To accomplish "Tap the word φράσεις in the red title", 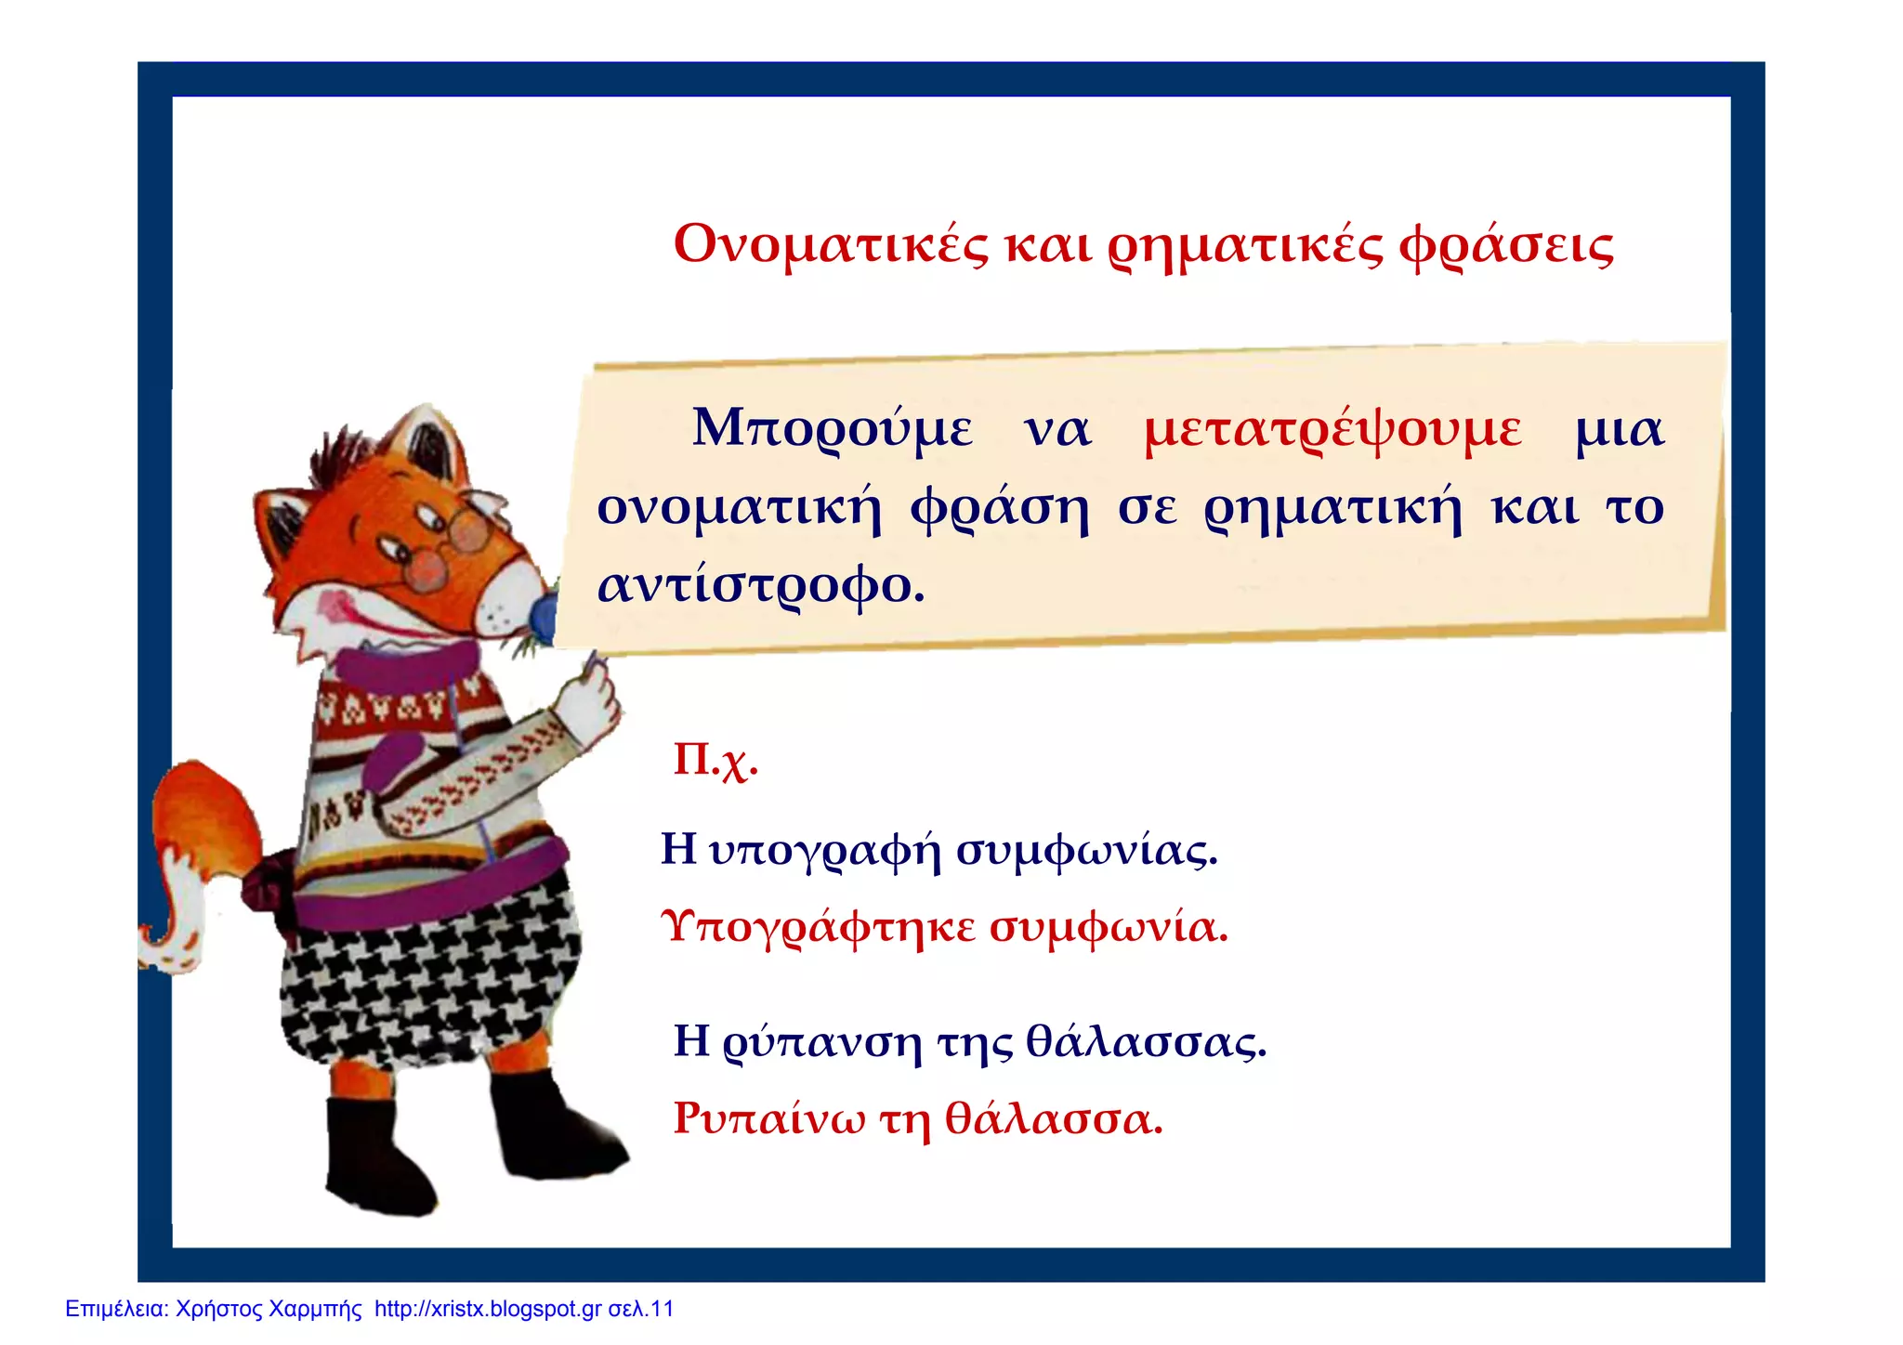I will coord(1506,245).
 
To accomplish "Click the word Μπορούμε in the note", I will coord(833,430).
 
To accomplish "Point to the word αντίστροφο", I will coord(760,586).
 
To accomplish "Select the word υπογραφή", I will coord(824,850).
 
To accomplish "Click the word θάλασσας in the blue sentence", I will coord(1146,1041).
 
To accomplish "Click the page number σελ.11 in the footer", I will coord(641,1310).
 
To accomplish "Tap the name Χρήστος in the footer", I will coord(218,1310).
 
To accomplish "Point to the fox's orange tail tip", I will coord(200,799).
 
